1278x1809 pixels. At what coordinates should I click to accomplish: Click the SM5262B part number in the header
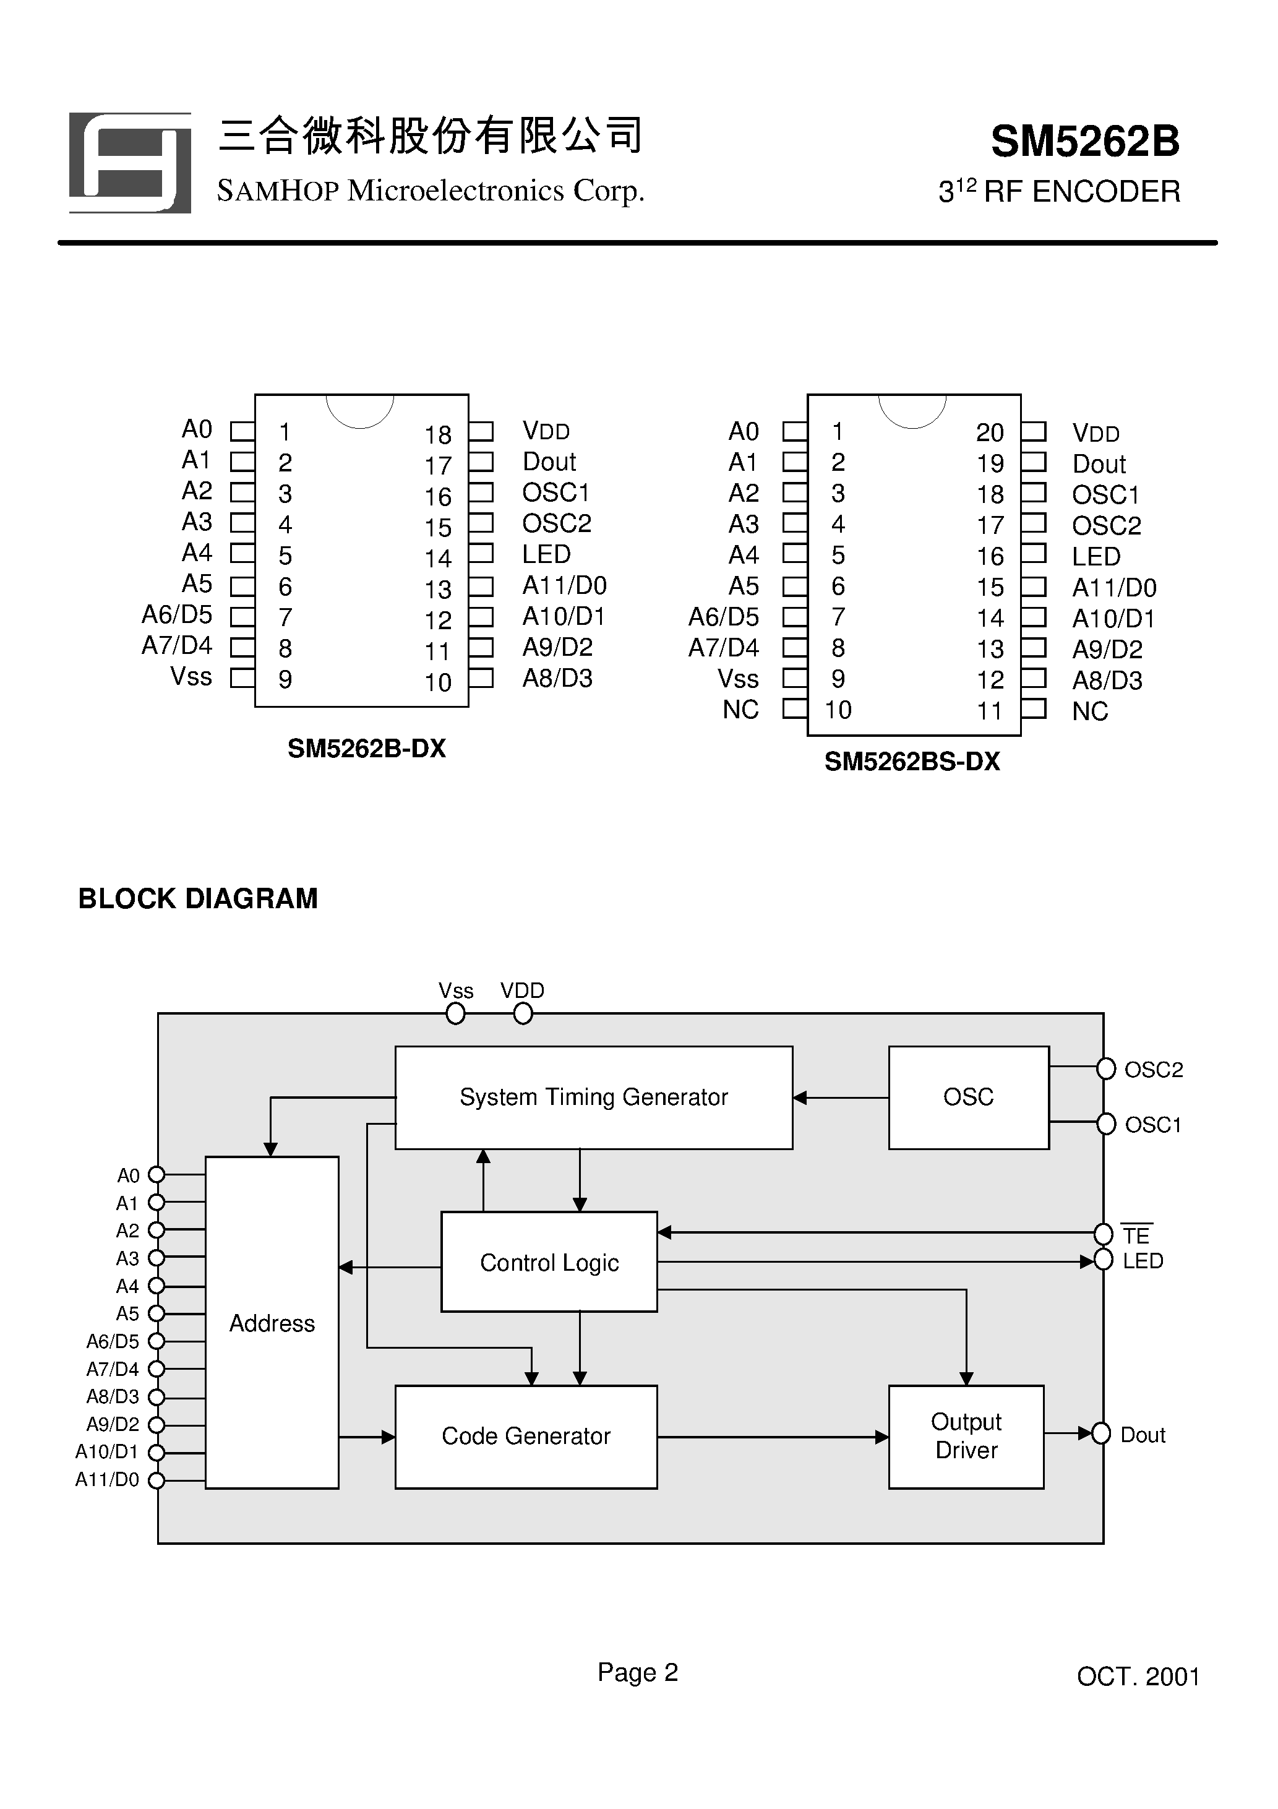pyautogui.click(x=1084, y=142)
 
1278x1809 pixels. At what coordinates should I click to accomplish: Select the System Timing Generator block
pyautogui.click(x=593, y=1098)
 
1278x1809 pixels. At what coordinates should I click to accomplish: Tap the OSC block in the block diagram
pyautogui.click(x=968, y=1098)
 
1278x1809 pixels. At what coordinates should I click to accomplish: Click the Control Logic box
pyautogui.click(x=549, y=1262)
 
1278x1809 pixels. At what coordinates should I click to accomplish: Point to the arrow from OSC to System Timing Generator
pyautogui.click(x=840, y=1098)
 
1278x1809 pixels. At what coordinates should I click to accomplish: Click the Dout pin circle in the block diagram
pyautogui.click(x=1100, y=1433)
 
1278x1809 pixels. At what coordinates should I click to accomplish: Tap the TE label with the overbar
pyautogui.click(x=1136, y=1235)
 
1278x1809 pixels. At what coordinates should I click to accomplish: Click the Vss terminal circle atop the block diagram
pyautogui.click(x=455, y=1014)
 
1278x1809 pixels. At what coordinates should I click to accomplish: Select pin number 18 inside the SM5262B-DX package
pyautogui.click(x=438, y=435)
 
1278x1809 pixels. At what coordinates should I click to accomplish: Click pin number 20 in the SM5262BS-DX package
pyautogui.click(x=990, y=432)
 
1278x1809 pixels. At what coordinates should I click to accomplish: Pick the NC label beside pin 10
pyautogui.click(x=740, y=710)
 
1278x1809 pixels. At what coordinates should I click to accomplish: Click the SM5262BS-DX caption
pyautogui.click(x=912, y=762)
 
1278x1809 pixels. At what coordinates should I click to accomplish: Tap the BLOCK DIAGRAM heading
pyautogui.click(x=198, y=899)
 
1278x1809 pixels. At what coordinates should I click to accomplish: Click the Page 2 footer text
pyautogui.click(x=637, y=1672)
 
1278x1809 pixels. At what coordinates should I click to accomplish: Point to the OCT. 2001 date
pyautogui.click(x=1138, y=1677)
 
